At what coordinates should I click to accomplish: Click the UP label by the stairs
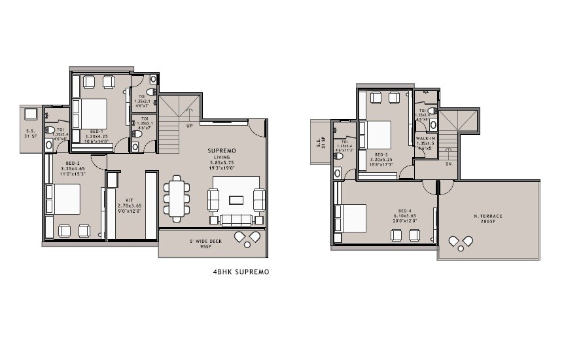tap(189, 126)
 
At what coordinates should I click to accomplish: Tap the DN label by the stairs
tap(448, 165)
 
